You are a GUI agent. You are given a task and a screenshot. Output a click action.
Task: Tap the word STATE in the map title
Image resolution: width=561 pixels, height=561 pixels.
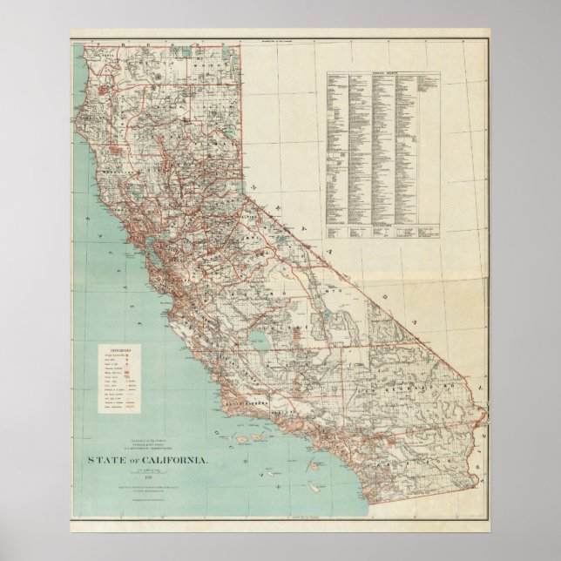coord(102,459)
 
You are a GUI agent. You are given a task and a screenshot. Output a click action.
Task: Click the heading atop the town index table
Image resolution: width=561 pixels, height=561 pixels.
coord(383,76)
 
